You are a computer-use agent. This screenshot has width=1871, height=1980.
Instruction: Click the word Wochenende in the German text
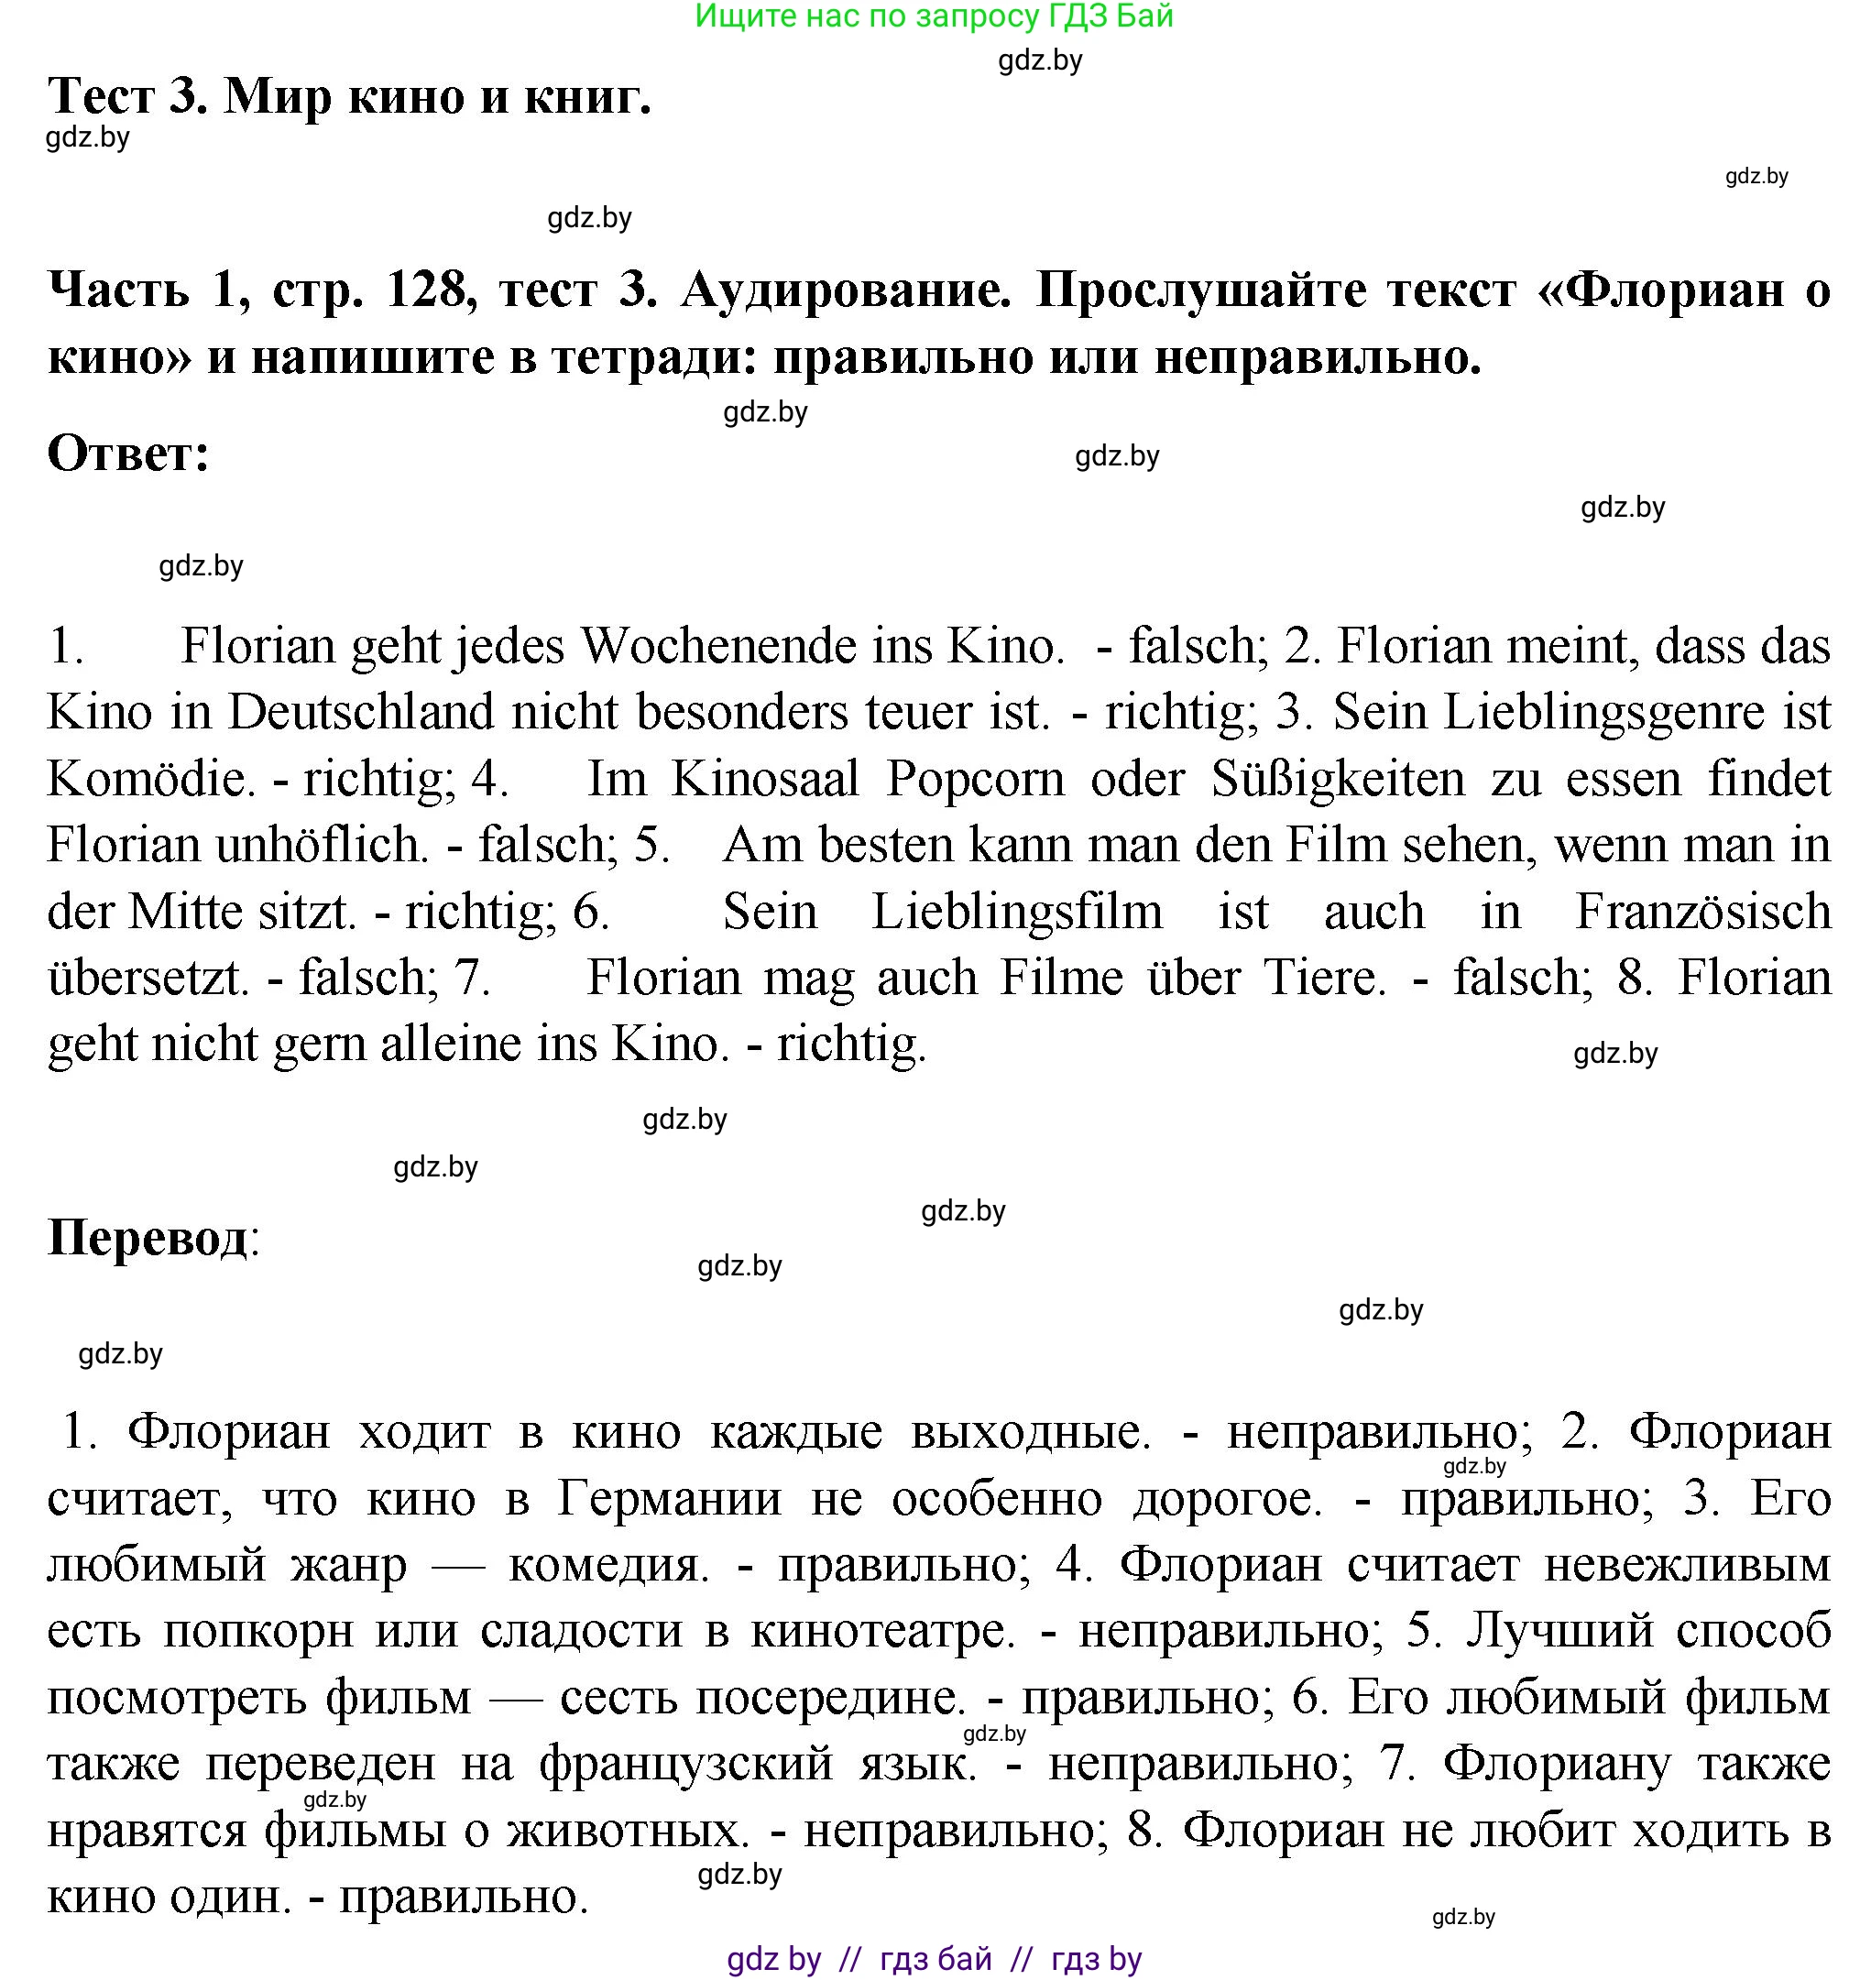click(718, 646)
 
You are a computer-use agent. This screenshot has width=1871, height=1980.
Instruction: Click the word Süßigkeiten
click(1338, 779)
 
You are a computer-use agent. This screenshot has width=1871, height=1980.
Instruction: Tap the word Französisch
click(1701, 912)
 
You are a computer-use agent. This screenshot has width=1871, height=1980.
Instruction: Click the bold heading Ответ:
click(128, 454)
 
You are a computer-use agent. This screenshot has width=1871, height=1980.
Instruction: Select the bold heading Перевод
click(148, 1238)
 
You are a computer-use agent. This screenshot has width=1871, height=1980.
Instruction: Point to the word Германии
click(669, 1498)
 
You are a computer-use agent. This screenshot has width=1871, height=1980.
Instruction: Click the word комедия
click(607, 1564)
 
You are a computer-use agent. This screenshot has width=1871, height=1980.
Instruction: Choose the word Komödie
click(146, 779)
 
